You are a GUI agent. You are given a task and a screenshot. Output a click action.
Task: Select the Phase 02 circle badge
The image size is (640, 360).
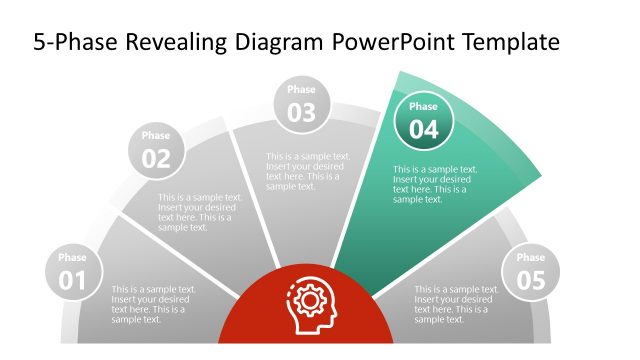click(156, 151)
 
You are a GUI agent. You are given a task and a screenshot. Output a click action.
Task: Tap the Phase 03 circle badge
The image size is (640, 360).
click(301, 105)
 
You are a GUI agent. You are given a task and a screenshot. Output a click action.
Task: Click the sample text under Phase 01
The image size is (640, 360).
click(154, 304)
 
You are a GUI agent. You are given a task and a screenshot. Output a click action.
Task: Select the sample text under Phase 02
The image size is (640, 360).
click(200, 212)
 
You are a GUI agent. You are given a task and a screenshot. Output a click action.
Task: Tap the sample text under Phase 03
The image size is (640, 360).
click(308, 171)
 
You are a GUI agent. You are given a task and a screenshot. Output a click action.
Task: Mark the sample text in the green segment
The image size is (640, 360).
click(435, 184)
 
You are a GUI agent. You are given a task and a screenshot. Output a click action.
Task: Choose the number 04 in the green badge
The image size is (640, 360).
click(423, 129)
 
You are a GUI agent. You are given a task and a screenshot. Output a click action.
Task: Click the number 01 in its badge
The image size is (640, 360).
click(73, 281)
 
